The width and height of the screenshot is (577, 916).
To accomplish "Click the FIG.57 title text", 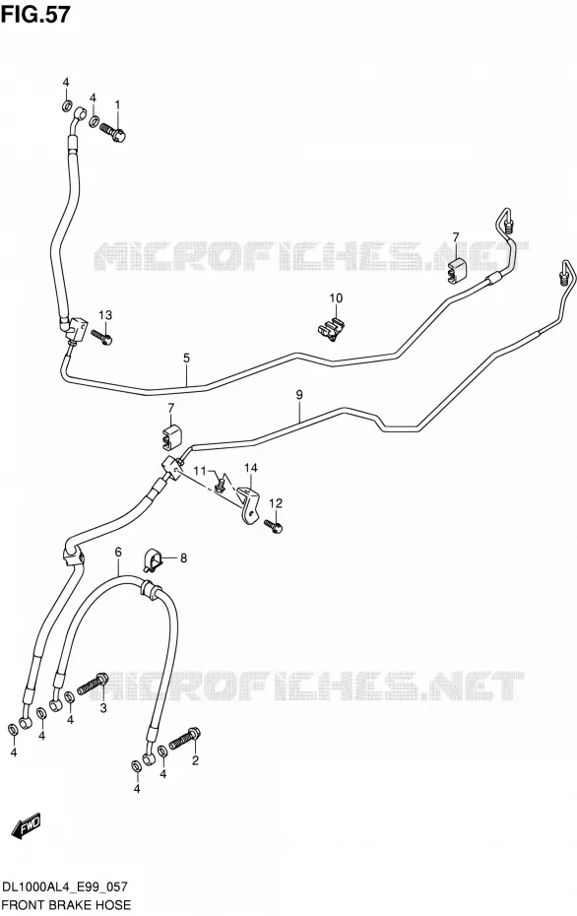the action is [35, 14].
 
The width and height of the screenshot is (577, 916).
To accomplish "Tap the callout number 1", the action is [117, 104].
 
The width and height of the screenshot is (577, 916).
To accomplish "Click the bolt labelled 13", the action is [101, 338].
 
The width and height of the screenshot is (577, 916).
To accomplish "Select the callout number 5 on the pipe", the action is [186, 359].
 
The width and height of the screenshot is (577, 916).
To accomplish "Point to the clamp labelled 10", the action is [330, 330].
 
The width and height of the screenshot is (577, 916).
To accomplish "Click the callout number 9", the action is [299, 395].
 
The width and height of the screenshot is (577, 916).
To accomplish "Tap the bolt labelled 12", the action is [274, 525].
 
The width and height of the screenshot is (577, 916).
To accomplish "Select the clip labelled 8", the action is [152, 559].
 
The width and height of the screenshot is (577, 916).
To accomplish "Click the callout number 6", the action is [118, 552].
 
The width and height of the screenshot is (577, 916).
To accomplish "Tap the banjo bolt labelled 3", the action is [93, 684].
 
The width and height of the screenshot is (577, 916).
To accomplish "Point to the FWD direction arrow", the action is [27, 825].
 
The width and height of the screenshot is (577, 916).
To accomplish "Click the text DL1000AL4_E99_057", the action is [65, 886].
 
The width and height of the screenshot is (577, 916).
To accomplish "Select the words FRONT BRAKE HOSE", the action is [67, 905].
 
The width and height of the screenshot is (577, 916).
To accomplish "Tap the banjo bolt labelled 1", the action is [112, 131].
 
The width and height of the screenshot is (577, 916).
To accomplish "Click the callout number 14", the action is [250, 467].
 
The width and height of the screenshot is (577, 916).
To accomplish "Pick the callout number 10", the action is [336, 298].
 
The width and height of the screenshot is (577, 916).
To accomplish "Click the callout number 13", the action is [104, 315].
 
